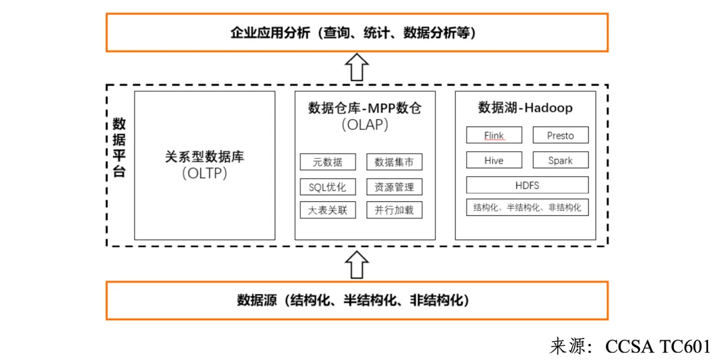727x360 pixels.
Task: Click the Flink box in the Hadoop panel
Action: pos(494,135)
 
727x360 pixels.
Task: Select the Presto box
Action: pos(560,135)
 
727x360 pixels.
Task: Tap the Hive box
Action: pos(494,160)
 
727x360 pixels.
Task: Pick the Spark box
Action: pos(560,160)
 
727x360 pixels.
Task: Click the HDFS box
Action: pos(527,185)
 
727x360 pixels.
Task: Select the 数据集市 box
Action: pos(394,162)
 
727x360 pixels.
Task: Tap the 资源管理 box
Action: pos(394,187)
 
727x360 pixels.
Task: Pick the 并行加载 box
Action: pos(394,210)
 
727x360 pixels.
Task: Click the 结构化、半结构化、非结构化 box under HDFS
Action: pos(527,207)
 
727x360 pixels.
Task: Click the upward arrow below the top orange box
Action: pos(357,68)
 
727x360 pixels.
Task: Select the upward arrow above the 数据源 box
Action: pos(357,264)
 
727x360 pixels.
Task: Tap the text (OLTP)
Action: pos(205,174)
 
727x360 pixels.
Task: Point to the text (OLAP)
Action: pos(365,125)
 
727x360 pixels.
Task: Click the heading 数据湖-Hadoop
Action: pos(525,108)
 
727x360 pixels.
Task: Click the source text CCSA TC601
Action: pos(658,347)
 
